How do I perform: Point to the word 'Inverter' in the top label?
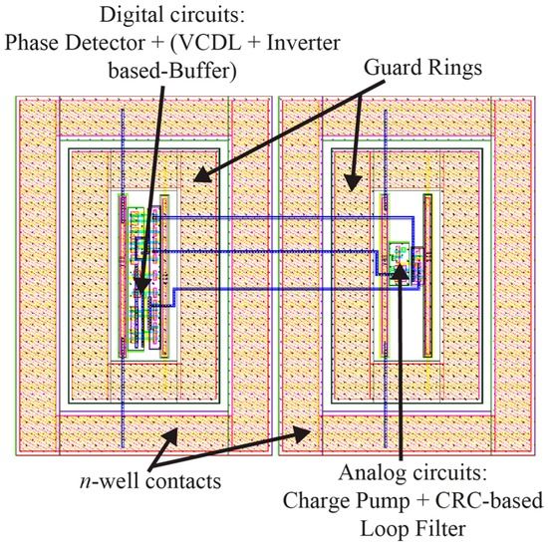298,44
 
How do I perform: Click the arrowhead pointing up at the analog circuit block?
400,274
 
